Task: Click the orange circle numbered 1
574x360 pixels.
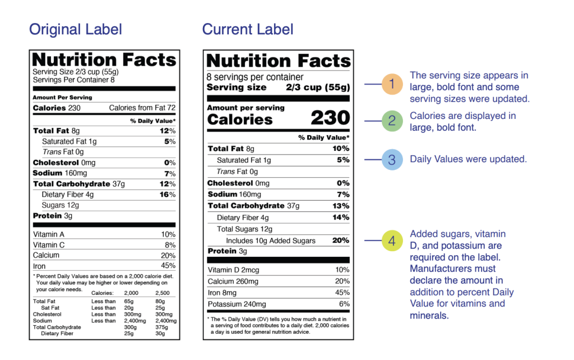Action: click(392, 85)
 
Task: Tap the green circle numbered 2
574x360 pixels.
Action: click(392, 121)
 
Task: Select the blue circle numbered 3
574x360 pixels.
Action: click(392, 159)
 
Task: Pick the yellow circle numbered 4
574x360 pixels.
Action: click(392, 241)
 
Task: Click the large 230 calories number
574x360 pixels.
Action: click(330, 118)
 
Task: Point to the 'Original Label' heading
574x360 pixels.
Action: click(75, 29)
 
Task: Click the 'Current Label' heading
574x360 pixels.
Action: click(248, 29)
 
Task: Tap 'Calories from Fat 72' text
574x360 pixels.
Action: click(142, 108)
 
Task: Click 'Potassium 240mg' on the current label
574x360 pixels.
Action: click(237, 304)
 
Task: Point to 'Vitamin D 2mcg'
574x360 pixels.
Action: click(233, 270)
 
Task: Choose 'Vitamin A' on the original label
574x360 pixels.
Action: click(49, 234)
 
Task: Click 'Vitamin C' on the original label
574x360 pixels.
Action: click(49, 245)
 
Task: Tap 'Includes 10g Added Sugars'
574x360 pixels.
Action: click(271, 241)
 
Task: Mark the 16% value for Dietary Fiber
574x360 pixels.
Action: click(168, 195)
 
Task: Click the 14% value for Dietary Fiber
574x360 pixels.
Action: click(341, 217)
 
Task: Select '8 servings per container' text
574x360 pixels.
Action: click(255, 77)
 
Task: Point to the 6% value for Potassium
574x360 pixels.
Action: click(344, 304)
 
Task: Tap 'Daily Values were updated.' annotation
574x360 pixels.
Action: click(468, 159)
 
